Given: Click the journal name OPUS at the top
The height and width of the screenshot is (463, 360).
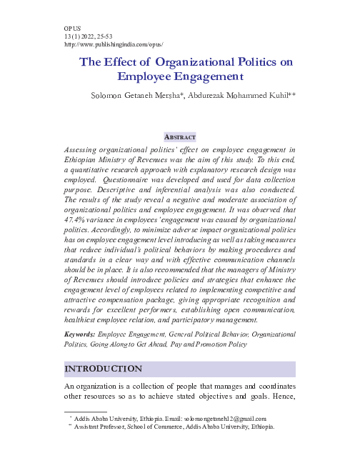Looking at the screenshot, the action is coord(72,27).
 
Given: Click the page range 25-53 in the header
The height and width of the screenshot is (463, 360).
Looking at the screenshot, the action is coord(108,35).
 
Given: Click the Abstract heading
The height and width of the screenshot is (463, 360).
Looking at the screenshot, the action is coord(179,136).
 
